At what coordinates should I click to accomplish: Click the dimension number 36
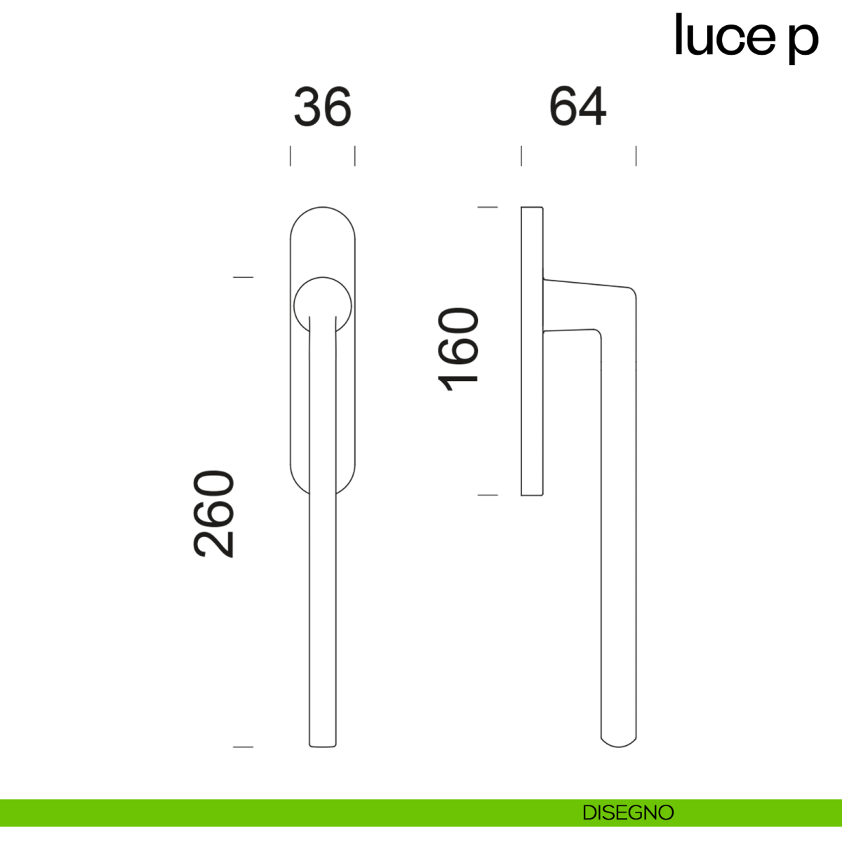point(323,107)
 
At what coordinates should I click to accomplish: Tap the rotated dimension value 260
point(213,514)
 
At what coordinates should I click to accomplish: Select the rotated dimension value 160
point(458,349)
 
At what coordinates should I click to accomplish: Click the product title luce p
point(747,39)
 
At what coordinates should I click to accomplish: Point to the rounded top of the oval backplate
point(323,208)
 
